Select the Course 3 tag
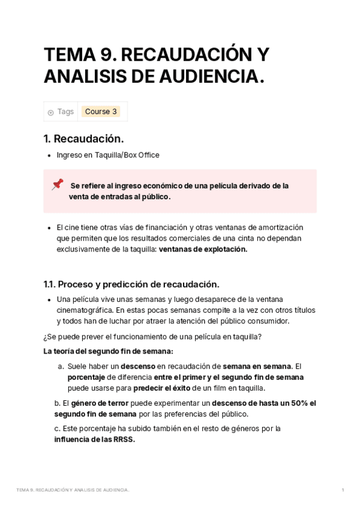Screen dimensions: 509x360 point(101,112)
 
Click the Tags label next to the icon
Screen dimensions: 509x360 point(65,112)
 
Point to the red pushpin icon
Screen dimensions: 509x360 point(58,184)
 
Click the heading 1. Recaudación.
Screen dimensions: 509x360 point(83,139)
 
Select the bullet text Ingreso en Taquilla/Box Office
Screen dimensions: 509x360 point(108,155)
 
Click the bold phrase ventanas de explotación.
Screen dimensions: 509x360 point(203,249)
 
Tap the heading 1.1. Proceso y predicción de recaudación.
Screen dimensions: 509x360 point(131,284)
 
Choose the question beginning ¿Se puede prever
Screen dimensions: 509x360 point(152,337)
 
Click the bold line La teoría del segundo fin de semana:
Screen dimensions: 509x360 point(108,351)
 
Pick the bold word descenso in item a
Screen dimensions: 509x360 point(138,366)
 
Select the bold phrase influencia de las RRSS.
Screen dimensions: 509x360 point(94,439)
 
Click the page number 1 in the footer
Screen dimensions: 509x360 point(343,490)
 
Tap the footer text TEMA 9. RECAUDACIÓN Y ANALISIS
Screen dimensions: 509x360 point(73,490)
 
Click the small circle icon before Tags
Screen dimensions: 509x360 point(50,112)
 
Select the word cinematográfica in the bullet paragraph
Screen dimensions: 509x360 point(83,310)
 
